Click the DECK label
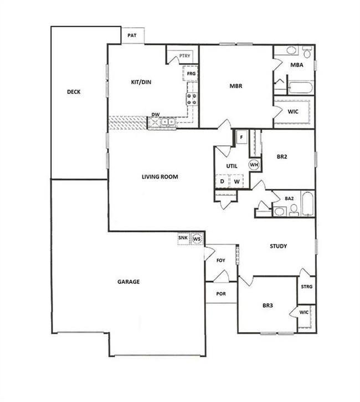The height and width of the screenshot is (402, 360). (74, 92)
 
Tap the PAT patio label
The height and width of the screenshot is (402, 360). (132, 35)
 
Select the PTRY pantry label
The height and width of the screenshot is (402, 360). (184, 55)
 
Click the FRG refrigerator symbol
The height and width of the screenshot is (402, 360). (191, 73)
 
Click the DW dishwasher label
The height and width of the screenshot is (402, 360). (156, 115)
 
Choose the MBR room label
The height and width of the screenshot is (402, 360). (236, 86)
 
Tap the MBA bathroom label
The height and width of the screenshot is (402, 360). (296, 65)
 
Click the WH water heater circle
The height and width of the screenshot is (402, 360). (254, 165)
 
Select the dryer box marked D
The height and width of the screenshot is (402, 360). (222, 181)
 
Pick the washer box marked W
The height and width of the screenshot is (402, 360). (236, 181)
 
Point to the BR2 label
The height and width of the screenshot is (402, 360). (282, 157)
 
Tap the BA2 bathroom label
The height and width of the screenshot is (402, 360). (289, 198)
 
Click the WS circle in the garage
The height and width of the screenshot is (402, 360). (197, 239)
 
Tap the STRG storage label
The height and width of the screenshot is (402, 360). (306, 287)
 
